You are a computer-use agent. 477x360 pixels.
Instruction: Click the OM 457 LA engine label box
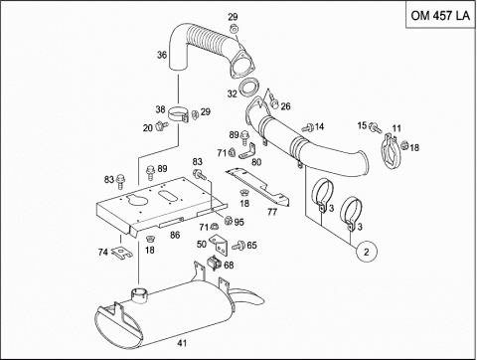[x=440, y=15]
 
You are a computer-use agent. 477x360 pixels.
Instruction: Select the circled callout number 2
[x=366, y=252]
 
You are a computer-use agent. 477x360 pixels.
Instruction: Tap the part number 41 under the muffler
[x=182, y=343]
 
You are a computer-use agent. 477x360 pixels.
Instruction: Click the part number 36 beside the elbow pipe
[x=162, y=55]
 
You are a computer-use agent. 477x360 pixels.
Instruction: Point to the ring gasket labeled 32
[x=248, y=87]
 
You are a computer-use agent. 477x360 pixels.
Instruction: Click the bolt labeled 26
[x=273, y=100]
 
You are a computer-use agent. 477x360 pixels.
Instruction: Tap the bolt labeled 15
[x=375, y=127]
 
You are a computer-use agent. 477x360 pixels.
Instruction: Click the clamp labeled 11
[x=390, y=151]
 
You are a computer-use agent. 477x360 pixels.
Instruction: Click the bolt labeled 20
[x=162, y=125]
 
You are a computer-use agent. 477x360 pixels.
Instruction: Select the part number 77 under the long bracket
[x=272, y=212]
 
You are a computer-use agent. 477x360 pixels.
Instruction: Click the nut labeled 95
[x=228, y=220]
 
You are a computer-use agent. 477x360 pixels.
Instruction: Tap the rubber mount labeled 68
[x=214, y=263]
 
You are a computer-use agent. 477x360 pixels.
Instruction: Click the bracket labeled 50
[x=219, y=246]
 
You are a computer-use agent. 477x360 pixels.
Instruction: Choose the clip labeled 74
[x=121, y=253]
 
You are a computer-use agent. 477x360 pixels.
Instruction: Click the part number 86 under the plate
[x=175, y=235]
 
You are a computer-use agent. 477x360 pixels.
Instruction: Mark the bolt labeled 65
[x=238, y=246]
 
